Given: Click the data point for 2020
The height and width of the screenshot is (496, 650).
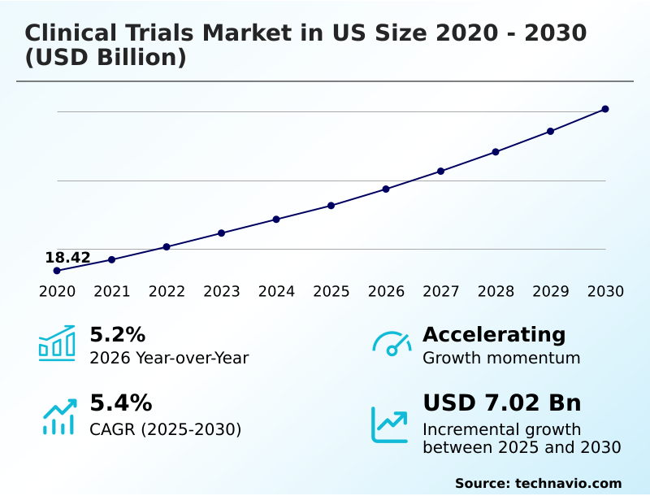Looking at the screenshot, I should coord(57,270).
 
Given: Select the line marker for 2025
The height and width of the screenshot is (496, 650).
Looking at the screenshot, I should coord(331,205).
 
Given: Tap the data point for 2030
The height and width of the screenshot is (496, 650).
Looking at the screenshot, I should coord(605,109).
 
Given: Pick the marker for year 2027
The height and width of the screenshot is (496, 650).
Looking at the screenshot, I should coord(441,171).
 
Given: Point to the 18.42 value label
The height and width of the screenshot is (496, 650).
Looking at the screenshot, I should coord(67,258).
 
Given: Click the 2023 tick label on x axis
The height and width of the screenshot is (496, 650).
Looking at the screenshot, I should coord(222,292).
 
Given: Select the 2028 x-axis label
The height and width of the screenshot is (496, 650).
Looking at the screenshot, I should coord(496,292).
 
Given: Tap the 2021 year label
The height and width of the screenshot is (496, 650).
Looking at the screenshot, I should coord(112,292).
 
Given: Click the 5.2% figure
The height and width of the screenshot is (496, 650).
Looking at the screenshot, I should coord(117,334).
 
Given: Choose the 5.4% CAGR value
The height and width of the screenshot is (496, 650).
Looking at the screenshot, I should coord(120,402).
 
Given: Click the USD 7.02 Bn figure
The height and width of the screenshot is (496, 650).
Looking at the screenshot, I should coord(501,402).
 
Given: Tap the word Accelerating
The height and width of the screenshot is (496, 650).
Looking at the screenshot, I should coord(494,334).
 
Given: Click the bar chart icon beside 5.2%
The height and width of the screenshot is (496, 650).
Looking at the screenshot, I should coord(57,343).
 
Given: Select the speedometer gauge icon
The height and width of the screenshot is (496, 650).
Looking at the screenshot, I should coord(392,343).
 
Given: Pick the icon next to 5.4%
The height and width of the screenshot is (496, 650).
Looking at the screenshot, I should coord(58,416).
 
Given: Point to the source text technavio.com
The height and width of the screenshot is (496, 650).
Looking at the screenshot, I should coord(568,483).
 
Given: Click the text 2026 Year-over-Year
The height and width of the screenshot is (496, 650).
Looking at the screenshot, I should coord(169,358).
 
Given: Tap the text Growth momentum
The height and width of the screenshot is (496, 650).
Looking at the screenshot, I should coord(501,358).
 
